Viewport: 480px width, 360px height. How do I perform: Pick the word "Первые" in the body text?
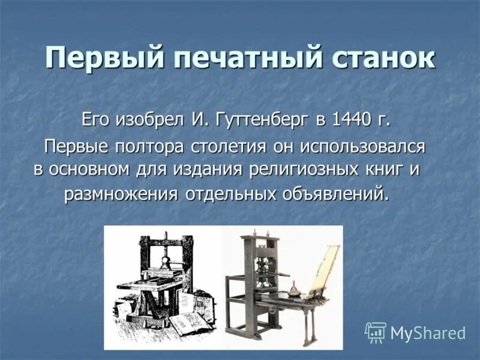tap(77, 146)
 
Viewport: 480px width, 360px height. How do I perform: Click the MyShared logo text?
tap(428, 333)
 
